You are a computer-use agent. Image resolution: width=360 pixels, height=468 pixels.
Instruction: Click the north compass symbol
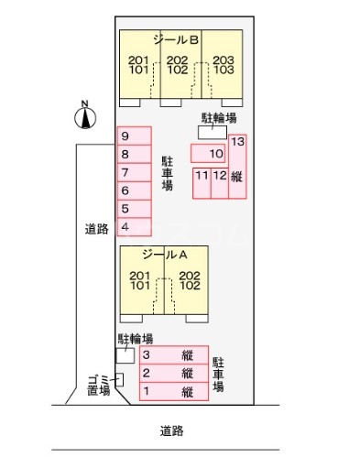(85, 115)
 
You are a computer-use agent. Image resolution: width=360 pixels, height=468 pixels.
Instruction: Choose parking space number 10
(208, 153)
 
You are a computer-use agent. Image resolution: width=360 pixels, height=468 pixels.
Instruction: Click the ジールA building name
(163, 256)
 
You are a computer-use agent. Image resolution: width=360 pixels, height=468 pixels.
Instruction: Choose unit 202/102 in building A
(190, 280)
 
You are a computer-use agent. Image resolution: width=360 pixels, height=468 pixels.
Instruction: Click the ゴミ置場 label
(98, 384)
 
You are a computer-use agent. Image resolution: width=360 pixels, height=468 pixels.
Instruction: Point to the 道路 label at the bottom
(171, 430)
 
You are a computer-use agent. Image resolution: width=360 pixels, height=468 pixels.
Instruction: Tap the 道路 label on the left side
(96, 231)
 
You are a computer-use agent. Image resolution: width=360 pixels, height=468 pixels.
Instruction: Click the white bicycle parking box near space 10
(212, 133)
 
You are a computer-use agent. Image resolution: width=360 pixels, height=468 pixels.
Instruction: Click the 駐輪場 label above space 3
(134, 338)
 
